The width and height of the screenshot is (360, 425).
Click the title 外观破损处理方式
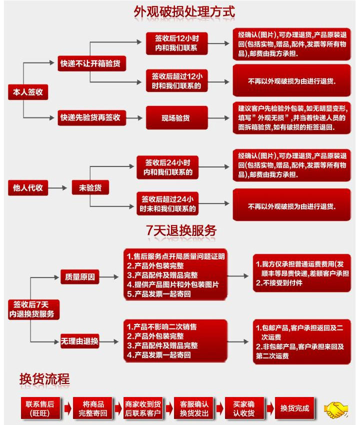pyautogui.click(x=184, y=12)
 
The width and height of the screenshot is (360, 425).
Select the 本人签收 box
pyautogui.click(x=28, y=92)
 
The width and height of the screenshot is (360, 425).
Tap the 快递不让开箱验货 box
pyautogui.click(x=91, y=63)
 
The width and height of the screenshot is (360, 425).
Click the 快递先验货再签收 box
pyautogui.click(x=91, y=117)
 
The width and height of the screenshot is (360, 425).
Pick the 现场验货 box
pyautogui.click(x=176, y=118)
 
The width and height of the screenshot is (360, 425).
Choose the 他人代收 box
pyautogui.click(x=28, y=188)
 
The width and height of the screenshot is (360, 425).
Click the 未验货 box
pyautogui.click(x=90, y=187)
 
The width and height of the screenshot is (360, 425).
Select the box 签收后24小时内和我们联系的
pyautogui.click(x=167, y=167)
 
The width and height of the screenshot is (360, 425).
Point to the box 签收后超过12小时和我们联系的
pyautogui.click(x=176, y=81)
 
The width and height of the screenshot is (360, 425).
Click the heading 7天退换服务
pyautogui.click(x=181, y=230)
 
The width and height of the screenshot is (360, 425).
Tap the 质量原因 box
pyautogui.click(x=80, y=276)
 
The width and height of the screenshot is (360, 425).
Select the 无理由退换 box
pyautogui.click(x=79, y=341)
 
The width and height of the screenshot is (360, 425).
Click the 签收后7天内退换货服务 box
pyautogui.click(x=33, y=309)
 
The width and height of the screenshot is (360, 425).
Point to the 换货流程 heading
pyautogui.click(x=44, y=379)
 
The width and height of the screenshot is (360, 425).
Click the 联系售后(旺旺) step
pyautogui.click(x=40, y=408)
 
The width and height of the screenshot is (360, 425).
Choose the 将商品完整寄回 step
pyautogui.click(x=92, y=408)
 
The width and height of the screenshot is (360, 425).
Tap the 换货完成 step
pyautogui.click(x=294, y=408)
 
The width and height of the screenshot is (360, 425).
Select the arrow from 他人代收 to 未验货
pyautogui.click(x=57, y=188)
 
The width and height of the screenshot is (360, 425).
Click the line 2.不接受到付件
pyautogui.click(x=279, y=283)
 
